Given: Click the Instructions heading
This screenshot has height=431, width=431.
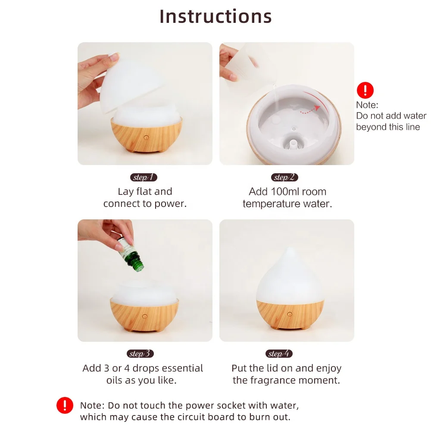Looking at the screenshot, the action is click(215, 16).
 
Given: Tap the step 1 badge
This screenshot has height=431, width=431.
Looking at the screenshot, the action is click(144, 177).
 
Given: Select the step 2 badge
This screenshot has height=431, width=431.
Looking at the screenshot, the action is click(284, 177).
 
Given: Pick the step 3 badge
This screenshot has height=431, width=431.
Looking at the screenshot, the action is click(140, 353).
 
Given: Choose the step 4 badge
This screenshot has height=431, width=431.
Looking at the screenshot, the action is click(279, 353).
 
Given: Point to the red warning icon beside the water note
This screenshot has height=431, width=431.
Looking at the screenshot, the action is click(365, 90).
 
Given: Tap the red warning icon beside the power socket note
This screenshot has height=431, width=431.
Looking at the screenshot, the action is click(65, 405).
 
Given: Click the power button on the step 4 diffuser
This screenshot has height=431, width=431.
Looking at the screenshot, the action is click(290, 314).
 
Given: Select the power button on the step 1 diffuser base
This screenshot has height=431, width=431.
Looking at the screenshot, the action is click(146, 137).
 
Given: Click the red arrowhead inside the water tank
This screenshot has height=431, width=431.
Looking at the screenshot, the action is click(318, 108).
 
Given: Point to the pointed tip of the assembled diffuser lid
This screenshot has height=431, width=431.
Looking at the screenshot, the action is click(290, 248).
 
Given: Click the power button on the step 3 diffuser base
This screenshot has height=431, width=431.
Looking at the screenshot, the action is click(145, 316).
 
